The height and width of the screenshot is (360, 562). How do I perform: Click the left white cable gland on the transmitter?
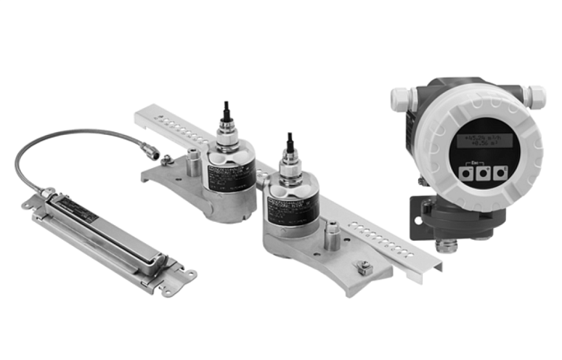[400, 97]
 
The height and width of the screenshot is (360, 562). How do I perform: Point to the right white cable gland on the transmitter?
[534, 96]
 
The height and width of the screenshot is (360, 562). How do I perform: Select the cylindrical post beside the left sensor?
[193, 164]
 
